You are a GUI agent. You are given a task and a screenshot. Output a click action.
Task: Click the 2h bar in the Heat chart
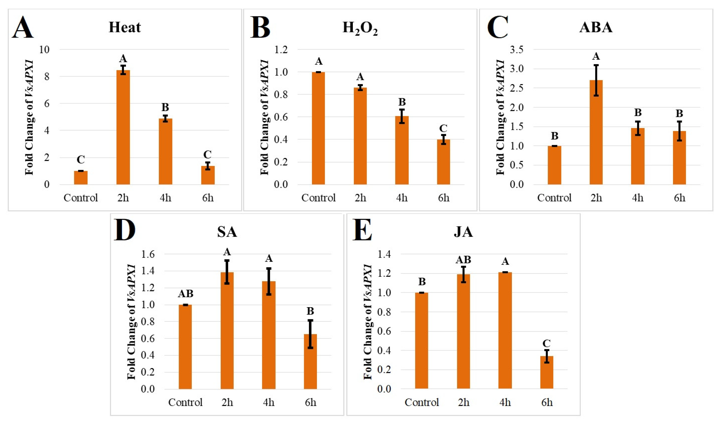point(123,127)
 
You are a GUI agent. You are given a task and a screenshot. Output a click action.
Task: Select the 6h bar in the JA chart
point(547,372)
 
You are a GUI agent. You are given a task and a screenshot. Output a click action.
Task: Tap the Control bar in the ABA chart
point(554,165)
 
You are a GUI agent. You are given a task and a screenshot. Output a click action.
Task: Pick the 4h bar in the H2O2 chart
point(402,150)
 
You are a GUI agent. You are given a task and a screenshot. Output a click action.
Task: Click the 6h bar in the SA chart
point(311,361)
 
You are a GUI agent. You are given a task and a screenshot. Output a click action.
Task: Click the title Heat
point(125,27)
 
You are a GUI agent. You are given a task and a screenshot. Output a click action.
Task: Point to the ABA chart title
point(596,27)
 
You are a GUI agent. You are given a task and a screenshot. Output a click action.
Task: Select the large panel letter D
point(124,230)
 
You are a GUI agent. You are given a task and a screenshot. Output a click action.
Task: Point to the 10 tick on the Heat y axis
point(44,50)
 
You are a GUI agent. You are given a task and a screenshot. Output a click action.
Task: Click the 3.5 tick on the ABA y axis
point(517,50)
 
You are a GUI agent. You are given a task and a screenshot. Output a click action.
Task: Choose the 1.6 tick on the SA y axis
point(148,254)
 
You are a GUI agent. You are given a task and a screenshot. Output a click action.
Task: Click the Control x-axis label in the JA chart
point(422,402)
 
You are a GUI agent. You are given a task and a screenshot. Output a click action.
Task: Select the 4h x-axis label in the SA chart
point(269,402)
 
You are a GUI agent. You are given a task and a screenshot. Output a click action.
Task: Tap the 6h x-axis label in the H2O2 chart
point(444,198)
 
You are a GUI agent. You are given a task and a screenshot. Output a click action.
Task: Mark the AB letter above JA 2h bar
point(463,260)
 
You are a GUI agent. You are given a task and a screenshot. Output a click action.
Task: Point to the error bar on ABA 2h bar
point(596,80)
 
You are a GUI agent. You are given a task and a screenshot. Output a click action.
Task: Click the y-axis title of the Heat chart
point(29,117)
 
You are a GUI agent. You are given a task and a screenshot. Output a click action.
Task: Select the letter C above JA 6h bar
point(546,343)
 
